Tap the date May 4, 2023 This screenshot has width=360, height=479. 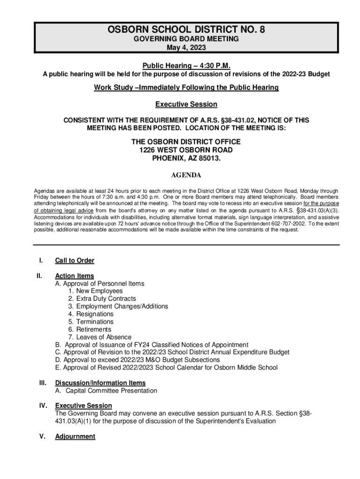click(186, 48)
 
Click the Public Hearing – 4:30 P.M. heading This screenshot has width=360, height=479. click(186, 65)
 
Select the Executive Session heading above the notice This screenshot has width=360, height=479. click(186, 104)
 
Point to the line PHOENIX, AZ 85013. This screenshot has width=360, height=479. click(186, 158)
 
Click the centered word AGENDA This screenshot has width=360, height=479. click(186, 176)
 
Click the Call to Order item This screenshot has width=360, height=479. click(74, 261)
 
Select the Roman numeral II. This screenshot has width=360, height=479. click(40, 276)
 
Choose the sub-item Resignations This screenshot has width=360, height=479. click(91, 314)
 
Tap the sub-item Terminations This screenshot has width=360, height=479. click(91, 322)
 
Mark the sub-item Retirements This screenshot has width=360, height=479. click(90, 329)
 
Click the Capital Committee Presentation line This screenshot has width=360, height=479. click(106, 391)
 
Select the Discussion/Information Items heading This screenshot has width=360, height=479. click(100, 383)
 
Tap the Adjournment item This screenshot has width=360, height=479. click(75, 436)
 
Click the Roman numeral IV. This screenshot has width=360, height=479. click(40, 406)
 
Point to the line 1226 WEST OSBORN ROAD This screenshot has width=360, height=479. click(186, 150)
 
